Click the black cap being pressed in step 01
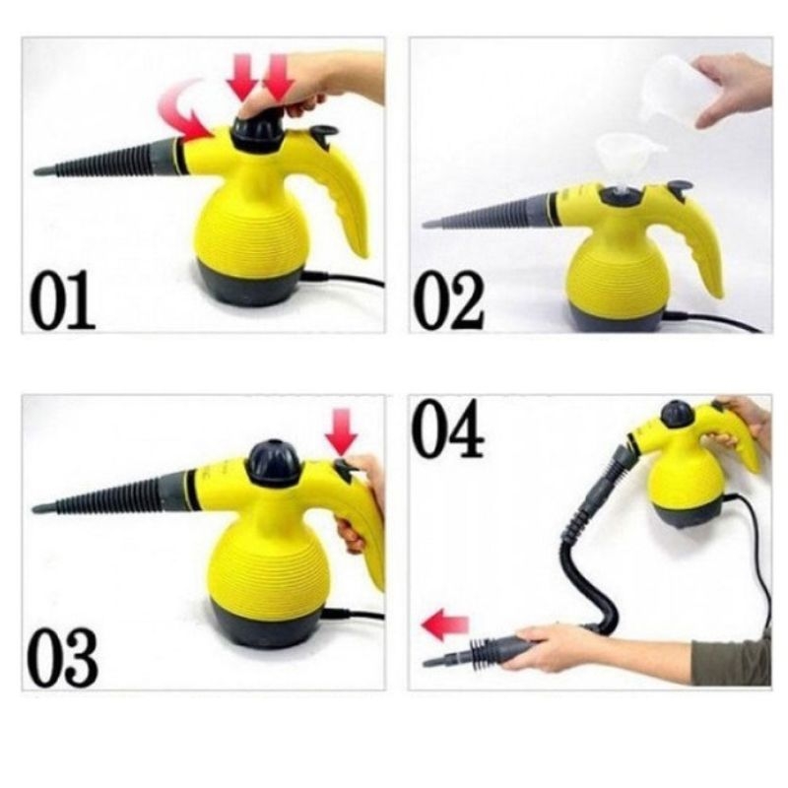258,133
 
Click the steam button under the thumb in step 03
342,470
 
